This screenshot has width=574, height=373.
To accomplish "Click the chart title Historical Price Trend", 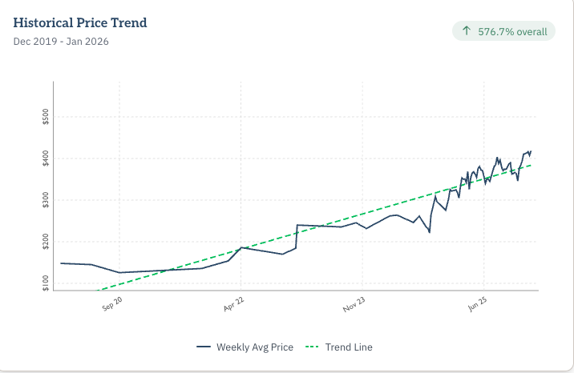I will [x=80, y=22].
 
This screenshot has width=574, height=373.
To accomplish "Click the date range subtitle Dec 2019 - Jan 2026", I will [x=61, y=41].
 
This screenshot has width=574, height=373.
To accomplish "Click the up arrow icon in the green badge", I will [x=467, y=31].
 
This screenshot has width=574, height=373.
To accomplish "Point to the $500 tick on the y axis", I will [x=45, y=116].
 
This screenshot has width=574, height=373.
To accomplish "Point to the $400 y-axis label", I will [x=45, y=158].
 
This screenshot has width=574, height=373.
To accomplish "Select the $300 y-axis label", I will [x=45, y=199].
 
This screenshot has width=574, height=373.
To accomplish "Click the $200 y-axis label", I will [x=45, y=241].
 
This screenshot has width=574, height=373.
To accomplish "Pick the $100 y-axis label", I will [x=45, y=283].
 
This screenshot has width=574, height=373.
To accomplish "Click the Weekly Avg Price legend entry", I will [x=245, y=347].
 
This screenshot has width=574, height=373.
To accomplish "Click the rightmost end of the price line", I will [x=532, y=150].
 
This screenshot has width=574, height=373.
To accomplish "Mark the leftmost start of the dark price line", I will [x=61, y=263].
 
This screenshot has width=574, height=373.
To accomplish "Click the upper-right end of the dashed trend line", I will [x=532, y=165].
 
